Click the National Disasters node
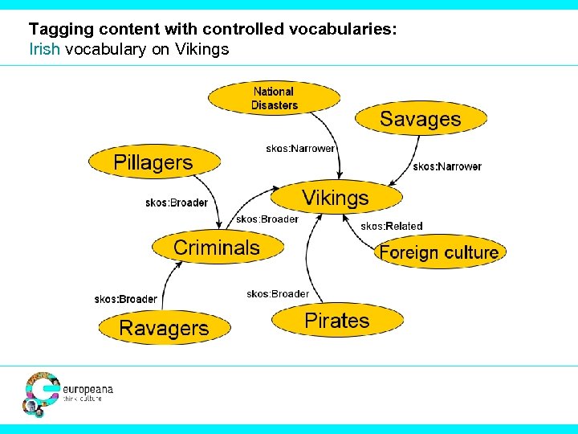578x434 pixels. point(274,98)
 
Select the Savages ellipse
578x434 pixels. point(421,120)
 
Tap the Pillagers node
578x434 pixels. point(153,162)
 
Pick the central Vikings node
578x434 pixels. point(336,198)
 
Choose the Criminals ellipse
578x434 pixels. point(217,248)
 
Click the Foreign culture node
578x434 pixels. point(439,252)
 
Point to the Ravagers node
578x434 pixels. point(164,328)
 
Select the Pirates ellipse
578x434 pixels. point(336,321)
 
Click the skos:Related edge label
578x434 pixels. point(391,227)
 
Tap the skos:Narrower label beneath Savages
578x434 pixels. point(446,166)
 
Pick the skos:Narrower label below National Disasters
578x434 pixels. point(300,149)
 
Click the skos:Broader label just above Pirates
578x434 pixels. point(278,293)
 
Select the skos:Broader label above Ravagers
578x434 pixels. point(125,299)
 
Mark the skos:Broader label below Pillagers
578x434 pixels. point(177,203)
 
